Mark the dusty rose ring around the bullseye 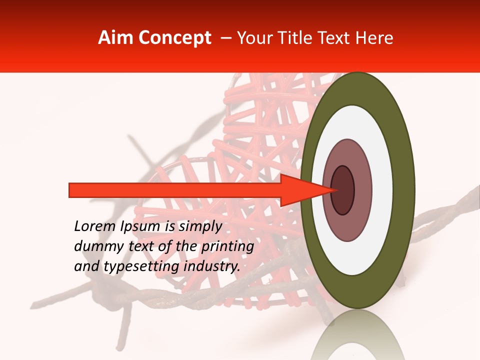362,190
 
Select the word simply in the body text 200,227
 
